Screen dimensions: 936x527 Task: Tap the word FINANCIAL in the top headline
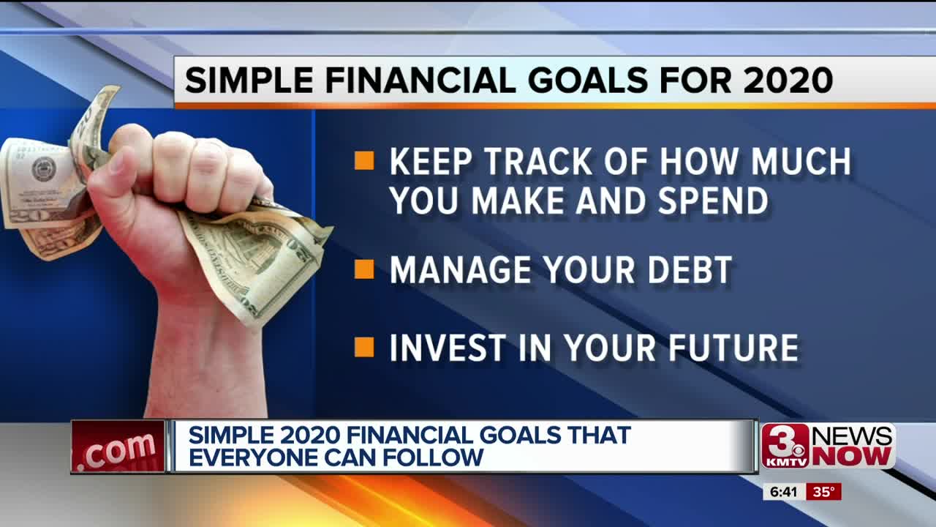[x=420, y=80]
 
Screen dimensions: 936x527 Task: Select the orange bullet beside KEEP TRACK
[x=364, y=160]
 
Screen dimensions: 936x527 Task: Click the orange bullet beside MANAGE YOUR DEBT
[x=364, y=269]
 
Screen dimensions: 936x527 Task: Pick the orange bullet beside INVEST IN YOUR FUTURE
[x=364, y=347]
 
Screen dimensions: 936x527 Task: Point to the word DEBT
[x=690, y=270]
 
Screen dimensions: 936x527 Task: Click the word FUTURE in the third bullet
[x=733, y=348]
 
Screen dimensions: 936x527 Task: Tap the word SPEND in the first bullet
[x=713, y=201]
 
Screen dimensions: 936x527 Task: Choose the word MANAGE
[x=460, y=270]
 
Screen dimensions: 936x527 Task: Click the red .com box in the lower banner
[x=118, y=446]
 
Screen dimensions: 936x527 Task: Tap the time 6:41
[x=783, y=493]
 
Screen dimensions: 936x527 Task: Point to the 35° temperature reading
[x=823, y=492]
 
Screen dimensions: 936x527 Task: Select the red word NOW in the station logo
[x=854, y=456]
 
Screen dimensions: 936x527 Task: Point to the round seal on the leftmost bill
[x=44, y=169]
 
